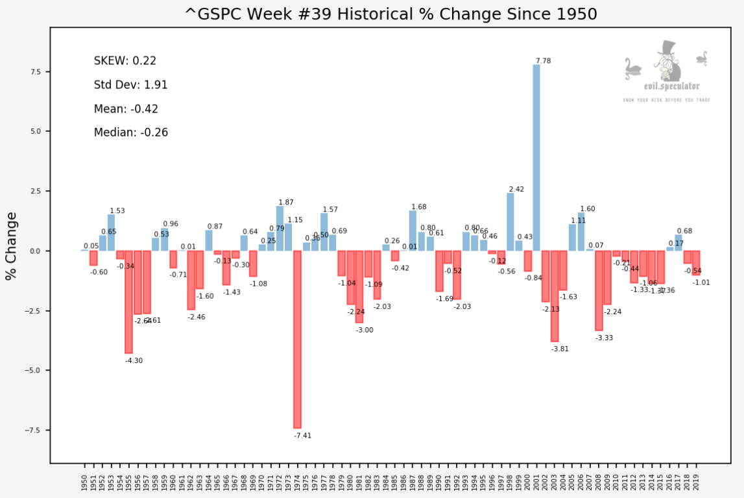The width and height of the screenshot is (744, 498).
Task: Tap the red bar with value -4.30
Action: pos(128,302)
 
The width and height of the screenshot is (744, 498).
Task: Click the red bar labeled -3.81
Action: pos(555,296)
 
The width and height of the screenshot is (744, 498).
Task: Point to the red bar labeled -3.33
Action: pos(599,290)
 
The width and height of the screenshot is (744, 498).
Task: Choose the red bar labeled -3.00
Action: pos(359,286)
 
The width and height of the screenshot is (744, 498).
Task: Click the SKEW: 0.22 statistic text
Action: pos(125,61)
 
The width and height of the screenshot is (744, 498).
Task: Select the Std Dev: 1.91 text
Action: pos(131,85)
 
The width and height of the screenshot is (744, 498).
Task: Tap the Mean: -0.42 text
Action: pos(126,109)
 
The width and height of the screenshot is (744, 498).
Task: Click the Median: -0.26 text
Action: pos(131,132)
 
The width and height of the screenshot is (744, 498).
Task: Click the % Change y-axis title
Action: pos(11,246)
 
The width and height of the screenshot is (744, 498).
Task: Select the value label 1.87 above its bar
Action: pos(286,203)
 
